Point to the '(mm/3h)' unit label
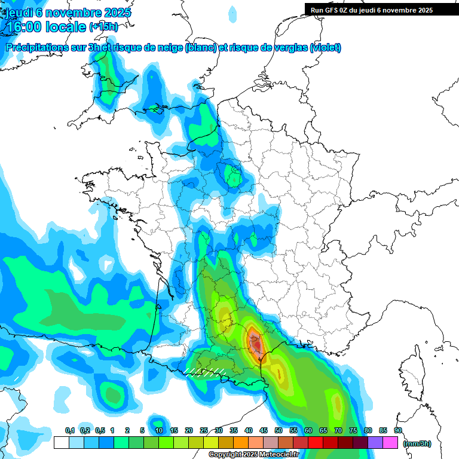click(417, 443)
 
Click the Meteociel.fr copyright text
click(253, 455)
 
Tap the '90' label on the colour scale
click(398, 430)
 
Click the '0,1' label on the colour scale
click(70, 430)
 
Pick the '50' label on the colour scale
click(279, 430)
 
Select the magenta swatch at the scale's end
click(390, 443)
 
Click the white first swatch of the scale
click(61, 443)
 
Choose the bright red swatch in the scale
click(316, 443)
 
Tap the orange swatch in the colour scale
click(241, 443)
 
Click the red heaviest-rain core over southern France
click(255, 344)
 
